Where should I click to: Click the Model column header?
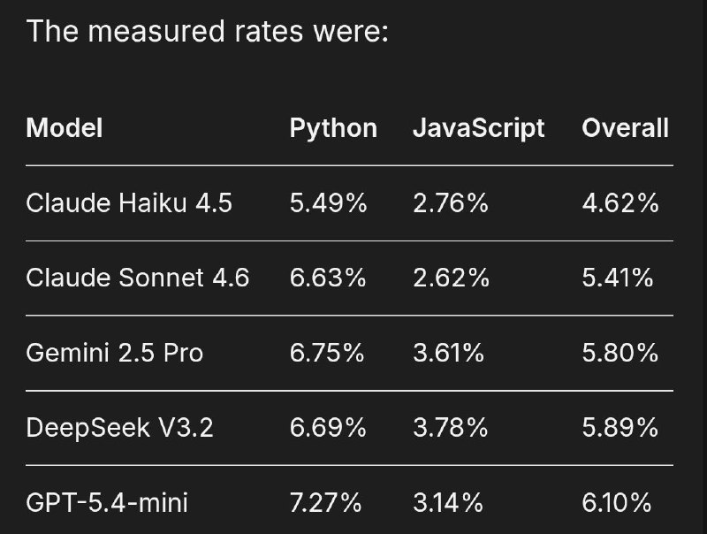coord(65,128)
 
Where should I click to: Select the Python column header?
coord(333,129)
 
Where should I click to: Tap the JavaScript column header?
coord(479,129)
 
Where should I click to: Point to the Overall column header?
coord(626,128)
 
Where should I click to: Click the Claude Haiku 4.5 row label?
coord(129,203)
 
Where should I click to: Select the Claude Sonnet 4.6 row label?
coord(138,278)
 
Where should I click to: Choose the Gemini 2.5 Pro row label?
coord(115,353)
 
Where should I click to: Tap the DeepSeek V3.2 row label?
coord(119,428)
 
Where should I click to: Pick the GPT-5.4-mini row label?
coord(107,503)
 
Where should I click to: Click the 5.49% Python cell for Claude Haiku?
coord(328,203)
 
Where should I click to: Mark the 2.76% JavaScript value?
coord(451,203)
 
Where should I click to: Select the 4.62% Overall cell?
coord(620,203)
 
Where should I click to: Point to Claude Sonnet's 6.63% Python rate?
coord(328,278)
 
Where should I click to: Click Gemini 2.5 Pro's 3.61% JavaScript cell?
coord(449,353)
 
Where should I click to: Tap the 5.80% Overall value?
coord(620,353)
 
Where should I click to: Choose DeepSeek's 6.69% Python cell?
coord(328,428)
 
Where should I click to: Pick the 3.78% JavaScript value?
coord(450,428)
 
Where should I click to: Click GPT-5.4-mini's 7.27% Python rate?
coord(325,503)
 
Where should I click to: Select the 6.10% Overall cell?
coord(617,503)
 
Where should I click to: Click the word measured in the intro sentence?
coord(157,32)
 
